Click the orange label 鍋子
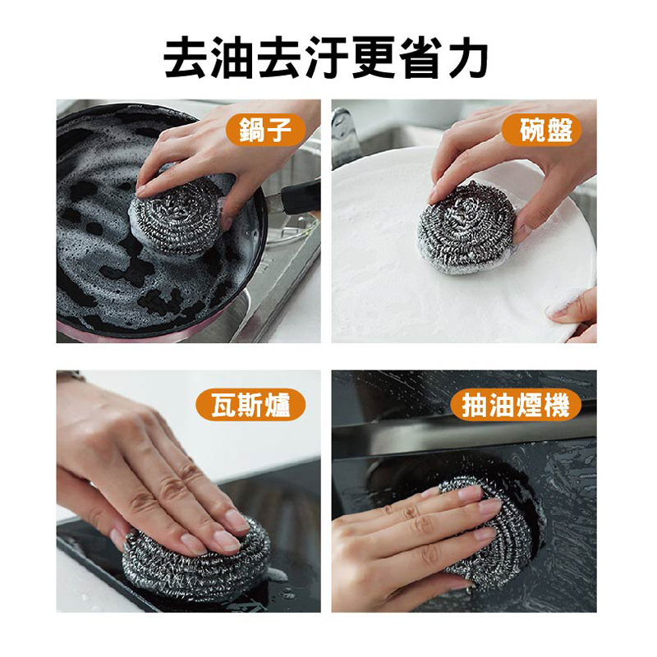point(264,130)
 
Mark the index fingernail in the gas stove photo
point(226,541)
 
